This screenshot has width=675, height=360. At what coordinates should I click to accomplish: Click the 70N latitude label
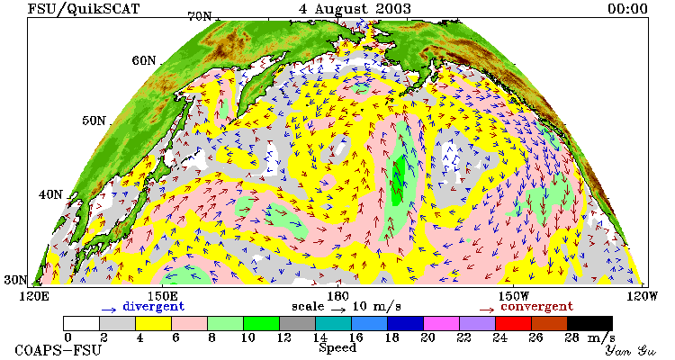click(x=200, y=16)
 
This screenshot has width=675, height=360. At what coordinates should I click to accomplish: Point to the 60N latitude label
click(x=144, y=60)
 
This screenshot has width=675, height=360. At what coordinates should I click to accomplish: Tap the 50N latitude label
click(x=94, y=121)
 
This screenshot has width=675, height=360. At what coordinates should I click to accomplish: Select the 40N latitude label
click(x=50, y=194)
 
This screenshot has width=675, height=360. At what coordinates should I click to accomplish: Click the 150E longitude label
click(x=161, y=296)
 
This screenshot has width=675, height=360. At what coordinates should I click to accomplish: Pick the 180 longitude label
click(x=337, y=296)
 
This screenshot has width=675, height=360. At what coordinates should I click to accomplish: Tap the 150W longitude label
click(x=514, y=296)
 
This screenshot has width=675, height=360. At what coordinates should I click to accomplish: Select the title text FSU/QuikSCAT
click(x=84, y=9)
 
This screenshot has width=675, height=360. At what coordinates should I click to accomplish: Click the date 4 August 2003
click(x=355, y=9)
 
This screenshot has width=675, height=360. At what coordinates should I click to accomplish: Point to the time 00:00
click(x=627, y=9)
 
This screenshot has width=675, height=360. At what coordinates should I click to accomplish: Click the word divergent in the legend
click(x=154, y=307)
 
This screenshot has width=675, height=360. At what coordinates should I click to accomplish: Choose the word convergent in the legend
click(x=536, y=307)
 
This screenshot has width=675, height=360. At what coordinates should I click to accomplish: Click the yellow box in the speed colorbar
click(x=153, y=323)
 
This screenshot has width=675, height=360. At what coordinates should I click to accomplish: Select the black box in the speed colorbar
click(x=589, y=323)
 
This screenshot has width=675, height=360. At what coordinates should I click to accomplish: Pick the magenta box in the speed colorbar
click(x=441, y=323)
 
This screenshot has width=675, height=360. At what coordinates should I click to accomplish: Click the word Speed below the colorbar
click(x=337, y=348)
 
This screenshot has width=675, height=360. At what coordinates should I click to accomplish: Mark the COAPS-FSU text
click(x=58, y=350)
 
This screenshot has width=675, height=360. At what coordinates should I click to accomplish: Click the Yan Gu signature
click(x=631, y=350)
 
